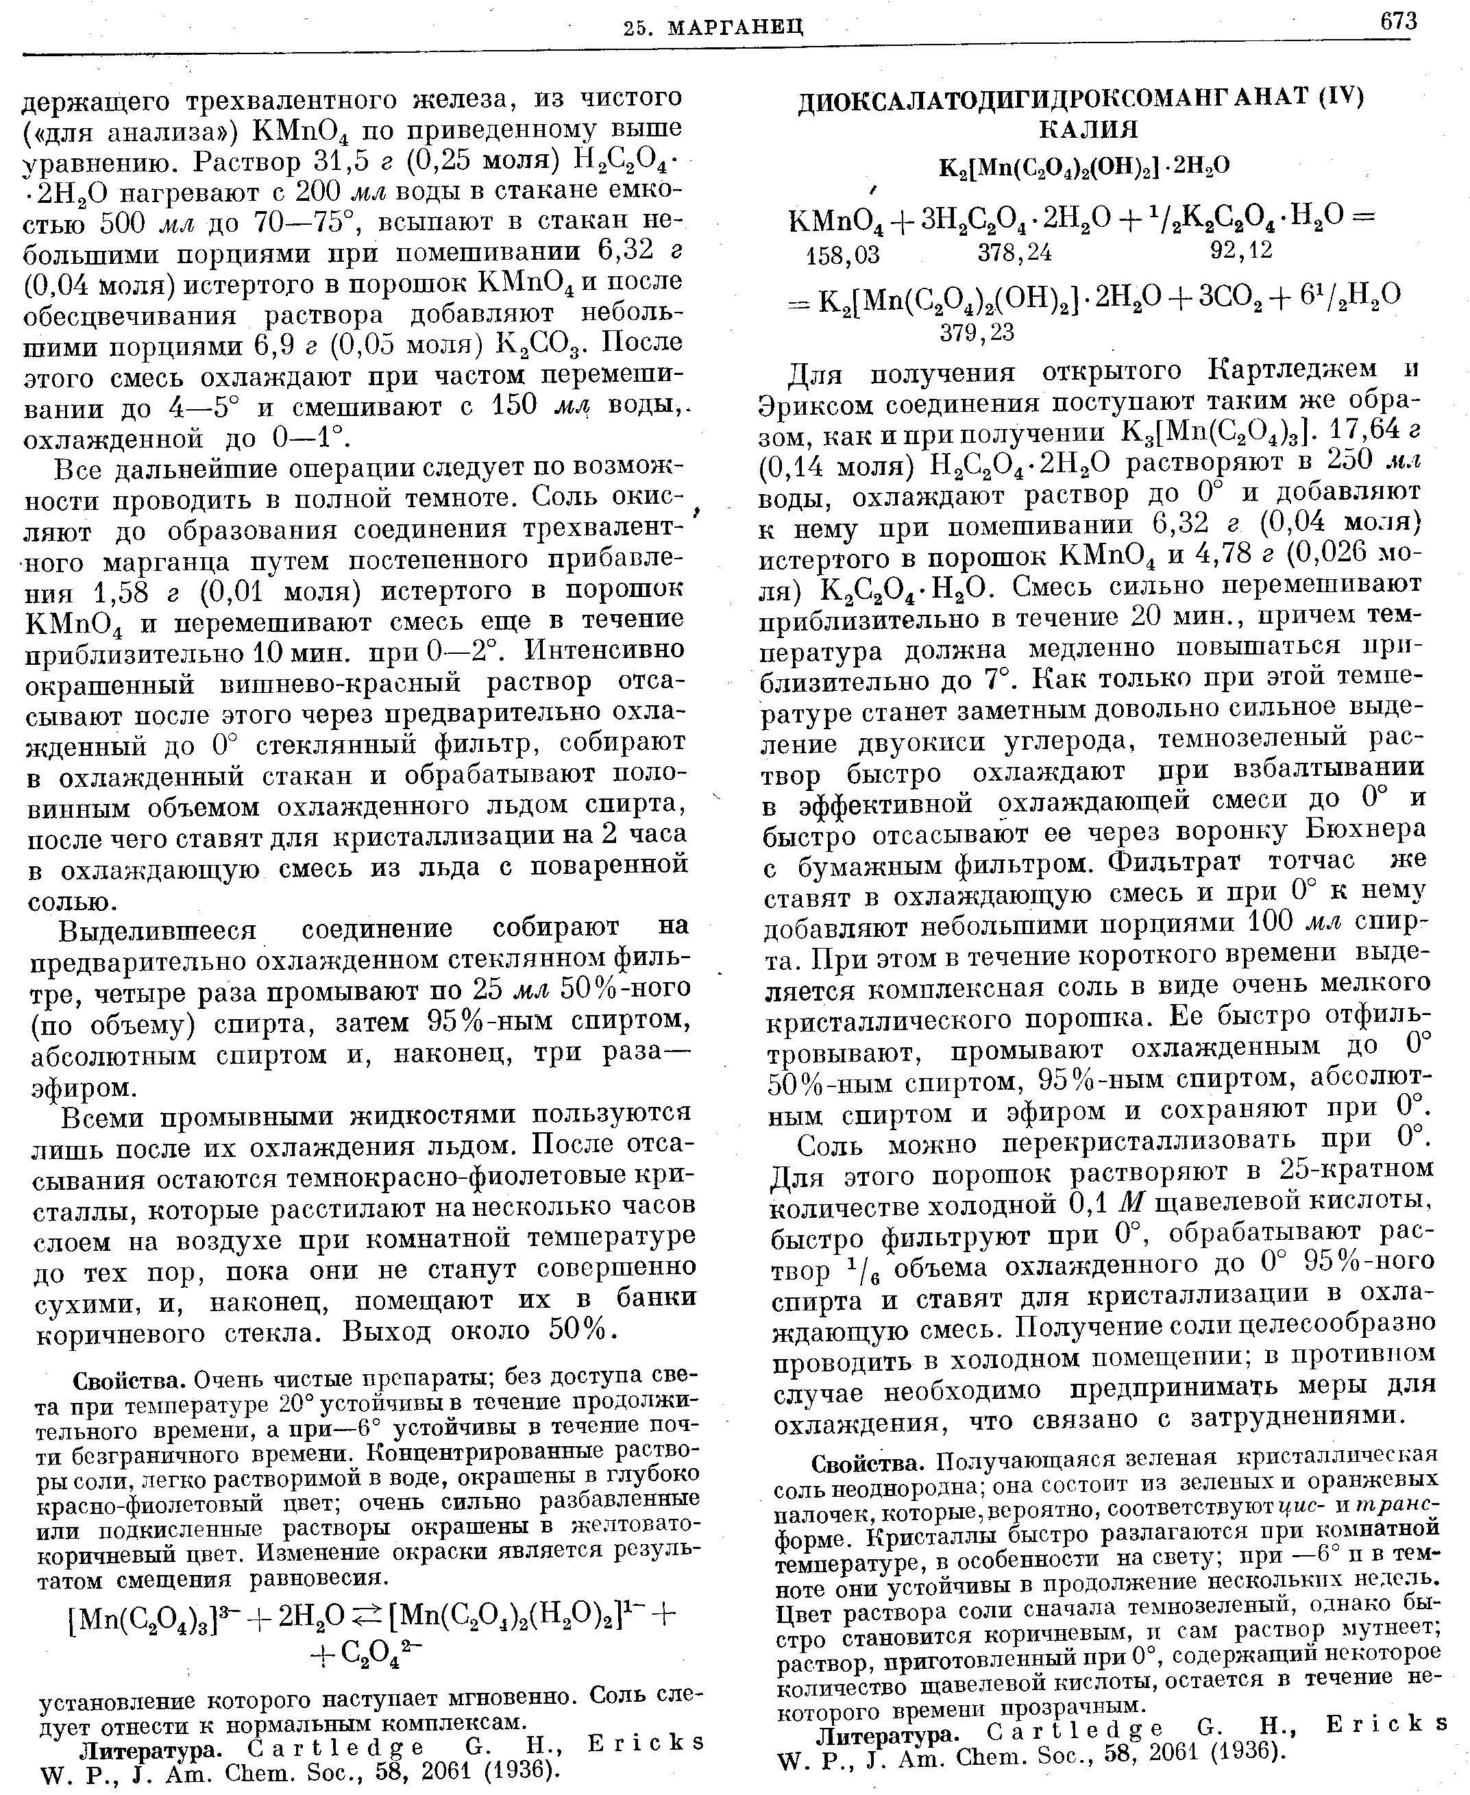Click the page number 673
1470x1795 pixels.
coord(1398,21)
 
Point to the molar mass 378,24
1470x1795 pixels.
coord(1014,252)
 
